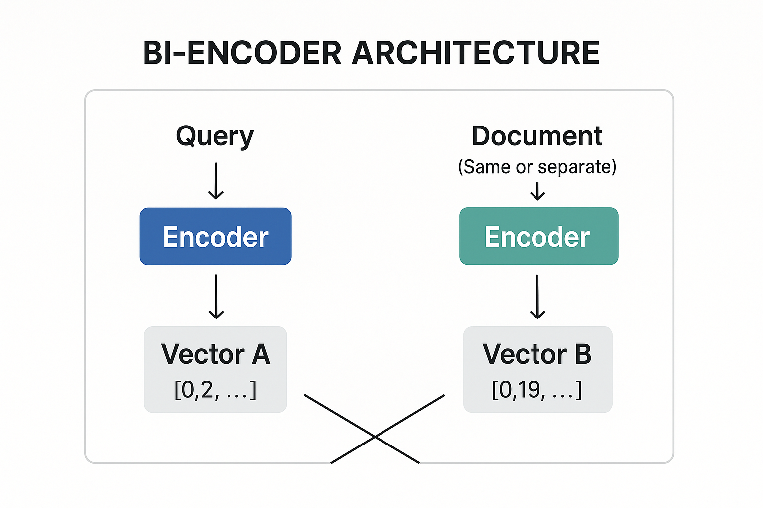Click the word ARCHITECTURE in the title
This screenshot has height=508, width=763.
475,53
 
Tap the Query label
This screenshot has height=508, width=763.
215,136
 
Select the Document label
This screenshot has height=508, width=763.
536,136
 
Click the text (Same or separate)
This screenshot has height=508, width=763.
537,167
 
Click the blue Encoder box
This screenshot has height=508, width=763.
215,237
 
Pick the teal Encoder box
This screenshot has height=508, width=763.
538,237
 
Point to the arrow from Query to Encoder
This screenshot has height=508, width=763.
216,181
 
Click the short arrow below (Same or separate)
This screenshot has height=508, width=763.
537,191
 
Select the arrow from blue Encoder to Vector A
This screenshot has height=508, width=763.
216,296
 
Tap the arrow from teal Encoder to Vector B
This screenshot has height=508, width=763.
537,296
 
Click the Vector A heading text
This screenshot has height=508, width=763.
215,354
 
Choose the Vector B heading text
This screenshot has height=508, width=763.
537,354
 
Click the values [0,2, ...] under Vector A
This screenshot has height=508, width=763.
215,390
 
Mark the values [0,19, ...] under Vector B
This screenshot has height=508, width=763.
536,390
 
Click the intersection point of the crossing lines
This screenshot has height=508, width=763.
375,437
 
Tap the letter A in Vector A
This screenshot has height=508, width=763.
261,354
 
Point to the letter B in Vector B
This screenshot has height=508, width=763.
582,354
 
